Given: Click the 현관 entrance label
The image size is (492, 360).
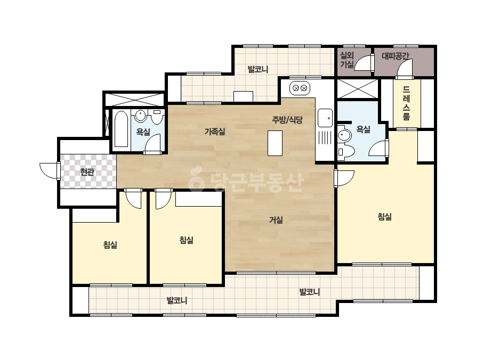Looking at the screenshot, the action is [87, 172].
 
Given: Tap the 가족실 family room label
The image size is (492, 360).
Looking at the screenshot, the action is [215, 132].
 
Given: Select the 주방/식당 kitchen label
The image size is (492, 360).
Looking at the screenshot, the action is [287, 120].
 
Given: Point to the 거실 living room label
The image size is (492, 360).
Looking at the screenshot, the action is [276, 220].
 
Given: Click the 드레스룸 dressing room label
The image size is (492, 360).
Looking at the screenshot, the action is [406, 103].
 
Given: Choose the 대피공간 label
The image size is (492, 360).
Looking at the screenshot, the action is [396, 56].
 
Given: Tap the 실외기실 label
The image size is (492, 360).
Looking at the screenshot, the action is [347, 60].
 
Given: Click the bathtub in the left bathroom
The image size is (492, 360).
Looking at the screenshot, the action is [121, 129].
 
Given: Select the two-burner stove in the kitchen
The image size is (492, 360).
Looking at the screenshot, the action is [300, 88].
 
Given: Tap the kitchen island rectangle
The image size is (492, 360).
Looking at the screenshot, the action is [275, 143].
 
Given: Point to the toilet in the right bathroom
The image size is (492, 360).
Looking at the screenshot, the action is [346, 151].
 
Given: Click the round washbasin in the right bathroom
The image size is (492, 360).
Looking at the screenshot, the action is [344, 135].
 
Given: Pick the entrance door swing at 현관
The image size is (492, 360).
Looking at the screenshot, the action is [49, 171].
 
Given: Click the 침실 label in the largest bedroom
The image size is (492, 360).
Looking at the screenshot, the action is [385, 217].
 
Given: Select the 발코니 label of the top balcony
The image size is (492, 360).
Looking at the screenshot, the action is [258, 69].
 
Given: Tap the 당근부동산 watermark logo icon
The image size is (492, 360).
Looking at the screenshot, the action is [196, 179].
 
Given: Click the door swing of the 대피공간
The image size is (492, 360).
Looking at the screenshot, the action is [405, 68].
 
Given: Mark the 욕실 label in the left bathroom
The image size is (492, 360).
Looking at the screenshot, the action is [143, 132].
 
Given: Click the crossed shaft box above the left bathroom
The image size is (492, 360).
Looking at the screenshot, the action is [134, 100].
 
